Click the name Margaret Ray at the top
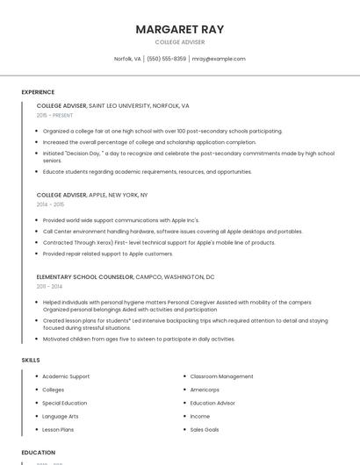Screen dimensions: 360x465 point(180,29)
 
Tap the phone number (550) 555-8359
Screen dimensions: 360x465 point(166,59)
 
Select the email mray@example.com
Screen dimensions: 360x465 point(219,59)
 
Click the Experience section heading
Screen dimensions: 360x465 point(38,91)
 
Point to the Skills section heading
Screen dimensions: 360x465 point(31,360)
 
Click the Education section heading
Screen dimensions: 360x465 point(39,453)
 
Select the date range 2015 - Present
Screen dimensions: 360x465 point(54,115)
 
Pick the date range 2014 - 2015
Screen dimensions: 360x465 point(50,204)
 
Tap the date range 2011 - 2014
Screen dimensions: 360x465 point(49,286)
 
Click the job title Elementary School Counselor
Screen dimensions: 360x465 point(84,276)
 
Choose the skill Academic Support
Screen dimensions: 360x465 point(66,376)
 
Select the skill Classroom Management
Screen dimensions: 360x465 point(221,376)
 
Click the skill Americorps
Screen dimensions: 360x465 point(205,390)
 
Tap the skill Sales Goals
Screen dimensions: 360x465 point(205,430)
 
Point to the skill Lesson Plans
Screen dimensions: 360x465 point(58,430)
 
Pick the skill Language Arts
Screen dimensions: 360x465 point(60,417)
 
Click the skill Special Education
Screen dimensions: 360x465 point(64,403)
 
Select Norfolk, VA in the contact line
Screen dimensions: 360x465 point(127,59)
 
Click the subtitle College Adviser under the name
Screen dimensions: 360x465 point(180,42)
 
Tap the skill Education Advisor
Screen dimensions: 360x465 point(213,403)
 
